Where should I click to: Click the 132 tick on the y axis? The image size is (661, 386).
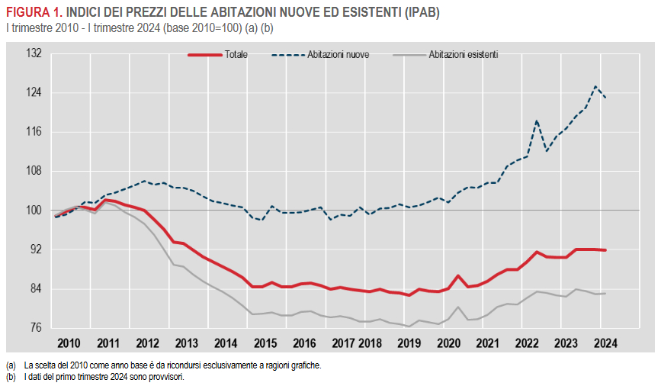(34, 53)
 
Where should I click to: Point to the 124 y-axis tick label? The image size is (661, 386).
(34, 93)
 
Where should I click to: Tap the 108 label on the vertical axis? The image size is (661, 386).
(34, 171)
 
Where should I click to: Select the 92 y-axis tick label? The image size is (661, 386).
(35, 249)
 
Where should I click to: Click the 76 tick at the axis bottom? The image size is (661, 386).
(35, 328)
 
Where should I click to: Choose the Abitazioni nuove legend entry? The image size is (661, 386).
(339, 55)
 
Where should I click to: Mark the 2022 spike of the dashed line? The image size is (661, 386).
(537, 121)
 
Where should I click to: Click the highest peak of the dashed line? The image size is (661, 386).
(595, 86)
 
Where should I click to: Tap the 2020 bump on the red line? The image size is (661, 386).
(457, 276)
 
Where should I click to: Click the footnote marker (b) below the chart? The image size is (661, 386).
(10, 377)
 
